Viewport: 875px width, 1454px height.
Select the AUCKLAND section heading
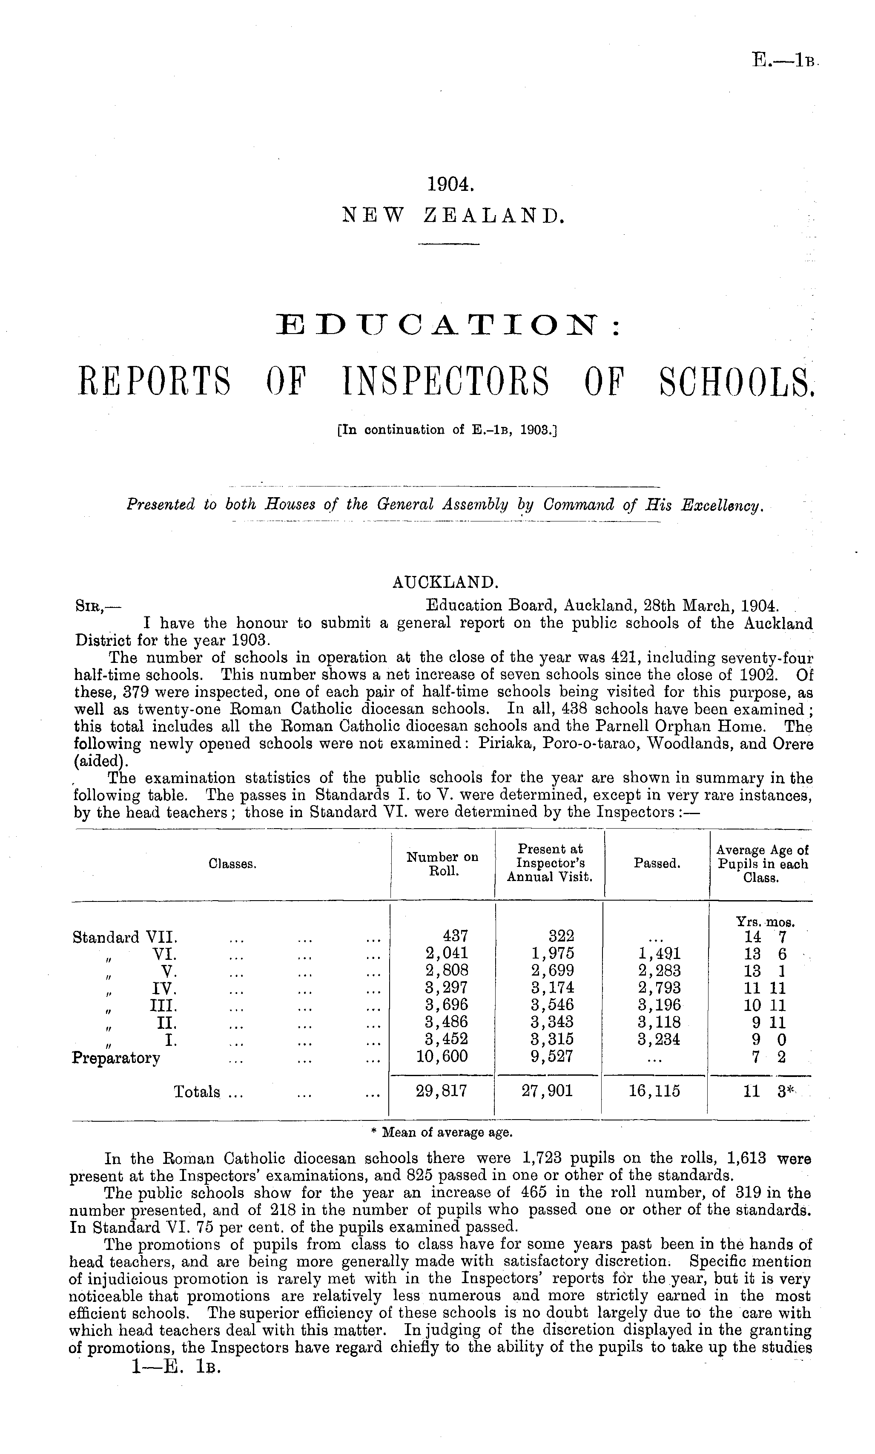[446, 583]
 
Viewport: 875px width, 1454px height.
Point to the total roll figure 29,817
[442, 1091]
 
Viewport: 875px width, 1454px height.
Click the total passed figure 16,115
[654, 1091]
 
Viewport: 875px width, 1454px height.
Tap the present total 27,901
[548, 1091]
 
